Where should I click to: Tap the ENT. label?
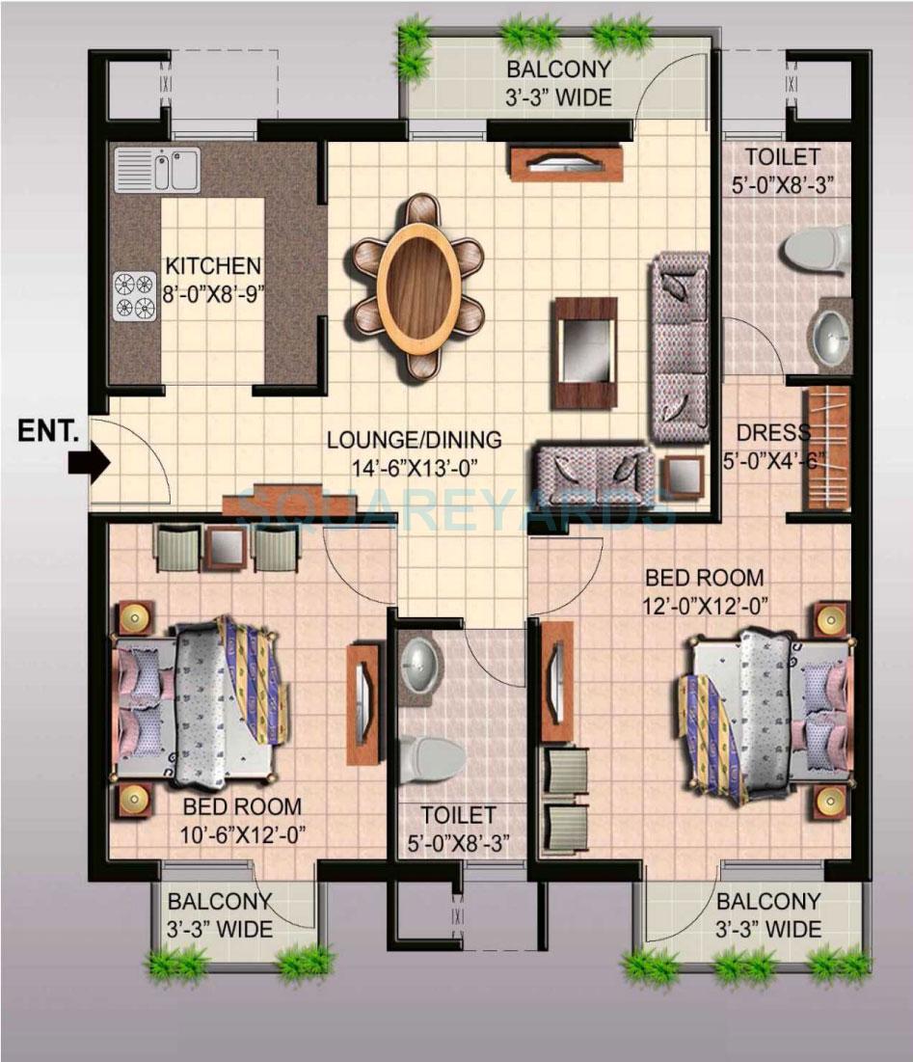tap(47, 431)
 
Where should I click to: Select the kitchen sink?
tap(156, 170)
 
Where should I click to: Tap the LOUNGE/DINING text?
tap(414, 440)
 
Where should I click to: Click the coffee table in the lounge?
tap(584, 352)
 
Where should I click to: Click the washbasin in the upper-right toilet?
tap(830, 334)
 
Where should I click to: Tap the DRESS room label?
tap(772, 433)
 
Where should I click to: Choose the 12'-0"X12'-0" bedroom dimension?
tap(704, 605)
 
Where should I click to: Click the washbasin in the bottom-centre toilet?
tap(421, 660)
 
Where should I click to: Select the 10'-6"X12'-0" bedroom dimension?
tap(242, 834)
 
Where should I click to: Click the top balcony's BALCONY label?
tap(559, 69)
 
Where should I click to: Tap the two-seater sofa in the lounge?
tap(593, 472)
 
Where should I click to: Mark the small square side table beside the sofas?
tap(683, 475)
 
